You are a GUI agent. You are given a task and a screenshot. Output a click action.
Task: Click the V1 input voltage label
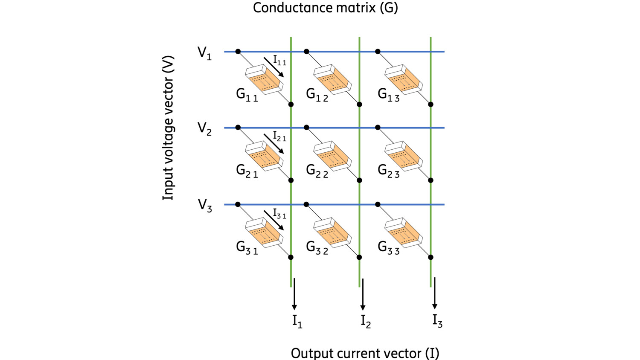(x=204, y=53)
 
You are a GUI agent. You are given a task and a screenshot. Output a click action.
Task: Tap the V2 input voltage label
(x=204, y=129)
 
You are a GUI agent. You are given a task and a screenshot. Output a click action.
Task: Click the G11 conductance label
(x=247, y=95)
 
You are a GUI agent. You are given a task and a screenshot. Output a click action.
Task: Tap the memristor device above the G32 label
(x=332, y=233)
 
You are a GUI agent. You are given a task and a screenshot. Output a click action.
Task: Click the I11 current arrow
(x=273, y=67)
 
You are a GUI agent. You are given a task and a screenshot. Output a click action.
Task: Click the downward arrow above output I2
(x=363, y=294)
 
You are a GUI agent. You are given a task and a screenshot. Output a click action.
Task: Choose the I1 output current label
(x=297, y=321)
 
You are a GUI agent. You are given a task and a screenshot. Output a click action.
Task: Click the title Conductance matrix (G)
(x=325, y=8)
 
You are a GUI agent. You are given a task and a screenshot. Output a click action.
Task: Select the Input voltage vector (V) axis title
(x=169, y=128)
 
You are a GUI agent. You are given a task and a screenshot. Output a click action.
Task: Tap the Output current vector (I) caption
(x=365, y=353)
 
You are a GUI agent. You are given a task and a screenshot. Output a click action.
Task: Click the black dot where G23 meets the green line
(x=431, y=180)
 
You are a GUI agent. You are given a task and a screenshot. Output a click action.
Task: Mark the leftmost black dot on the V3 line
(x=238, y=205)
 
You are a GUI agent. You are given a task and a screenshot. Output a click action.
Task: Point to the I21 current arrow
(x=273, y=143)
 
